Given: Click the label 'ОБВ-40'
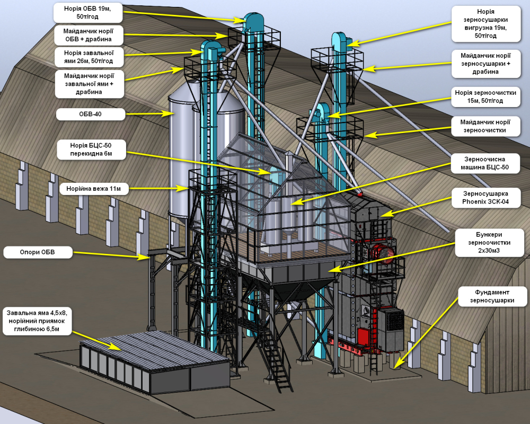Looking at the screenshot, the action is pos(90,114).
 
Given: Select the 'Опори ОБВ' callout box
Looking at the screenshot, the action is pos(38,252).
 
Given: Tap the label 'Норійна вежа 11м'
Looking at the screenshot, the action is pos(94,189).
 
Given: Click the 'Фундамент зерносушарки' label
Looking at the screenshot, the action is pos(492,296).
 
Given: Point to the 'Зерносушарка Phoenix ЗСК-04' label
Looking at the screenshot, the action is pos(485,198).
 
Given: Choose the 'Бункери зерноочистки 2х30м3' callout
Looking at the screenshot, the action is pos(489,243).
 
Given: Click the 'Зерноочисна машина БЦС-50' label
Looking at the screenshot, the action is pos(485,163).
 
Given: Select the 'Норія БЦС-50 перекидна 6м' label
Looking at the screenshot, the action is pos(91,150).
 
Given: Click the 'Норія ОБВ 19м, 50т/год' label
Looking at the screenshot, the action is pos(87,13).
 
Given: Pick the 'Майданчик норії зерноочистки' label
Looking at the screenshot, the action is pos(485,126).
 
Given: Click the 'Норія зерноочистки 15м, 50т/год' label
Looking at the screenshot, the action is pos(485,96).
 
